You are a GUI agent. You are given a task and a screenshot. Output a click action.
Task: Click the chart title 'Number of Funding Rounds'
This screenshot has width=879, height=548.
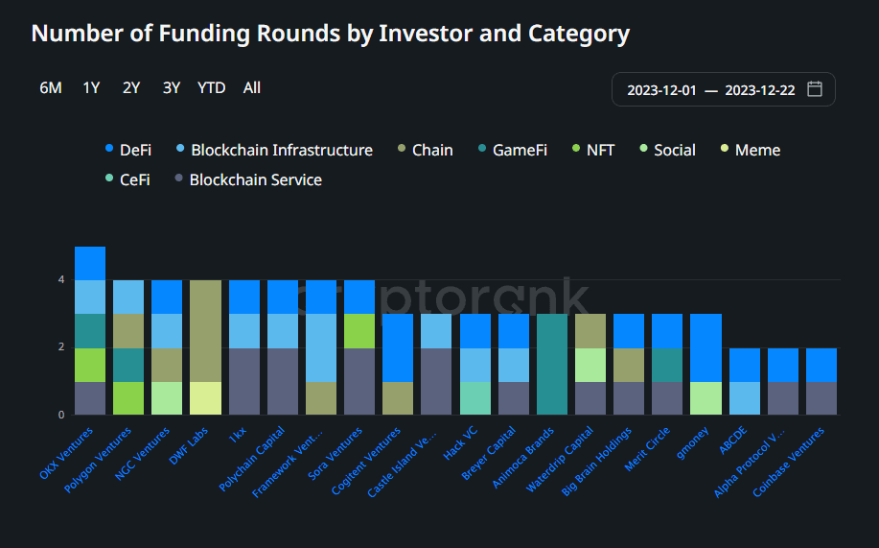(330, 34)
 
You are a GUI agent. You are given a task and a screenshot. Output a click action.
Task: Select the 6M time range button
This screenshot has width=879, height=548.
(51, 88)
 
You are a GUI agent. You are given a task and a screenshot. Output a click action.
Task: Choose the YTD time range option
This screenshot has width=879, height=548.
(211, 88)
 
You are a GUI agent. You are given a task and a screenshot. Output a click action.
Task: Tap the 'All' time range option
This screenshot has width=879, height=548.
(251, 88)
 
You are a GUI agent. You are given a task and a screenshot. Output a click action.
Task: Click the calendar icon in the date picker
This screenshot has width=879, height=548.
(815, 89)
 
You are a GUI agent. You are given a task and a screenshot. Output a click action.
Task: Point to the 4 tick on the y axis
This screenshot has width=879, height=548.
(61, 280)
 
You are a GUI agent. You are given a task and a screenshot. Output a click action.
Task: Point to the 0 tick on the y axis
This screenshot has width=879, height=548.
(61, 415)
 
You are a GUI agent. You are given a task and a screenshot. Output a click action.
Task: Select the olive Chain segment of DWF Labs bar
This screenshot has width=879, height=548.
(205, 331)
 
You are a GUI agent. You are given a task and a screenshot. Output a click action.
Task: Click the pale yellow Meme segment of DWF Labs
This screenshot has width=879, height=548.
(205, 398)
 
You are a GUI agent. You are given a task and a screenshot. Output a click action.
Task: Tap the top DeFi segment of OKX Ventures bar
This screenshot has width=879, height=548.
(90, 264)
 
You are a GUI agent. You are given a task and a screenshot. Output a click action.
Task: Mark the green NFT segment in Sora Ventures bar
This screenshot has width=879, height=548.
(359, 331)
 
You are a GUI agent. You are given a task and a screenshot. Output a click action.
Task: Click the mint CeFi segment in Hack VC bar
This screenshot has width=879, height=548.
(474, 398)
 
